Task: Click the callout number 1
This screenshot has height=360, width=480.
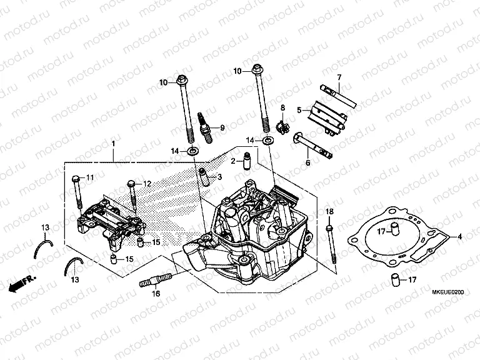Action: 113,144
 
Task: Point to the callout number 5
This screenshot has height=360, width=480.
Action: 299,111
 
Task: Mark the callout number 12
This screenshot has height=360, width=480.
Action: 147,184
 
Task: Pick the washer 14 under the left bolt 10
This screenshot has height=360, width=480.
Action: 192,151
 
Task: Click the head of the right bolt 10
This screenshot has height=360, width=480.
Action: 256,69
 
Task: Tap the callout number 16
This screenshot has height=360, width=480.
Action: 156,293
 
